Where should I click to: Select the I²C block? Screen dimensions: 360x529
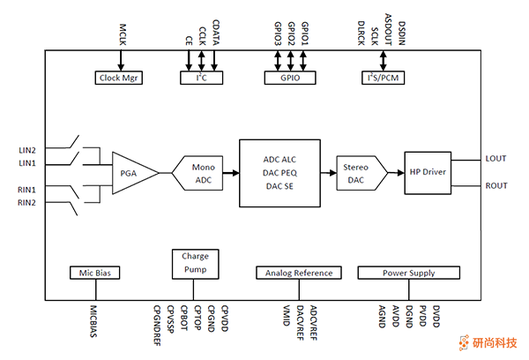tap(201, 78)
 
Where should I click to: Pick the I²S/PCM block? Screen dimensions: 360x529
tap(383, 78)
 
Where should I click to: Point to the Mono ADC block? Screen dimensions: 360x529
tap(202, 172)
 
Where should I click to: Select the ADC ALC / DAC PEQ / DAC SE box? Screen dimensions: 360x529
tap(279, 172)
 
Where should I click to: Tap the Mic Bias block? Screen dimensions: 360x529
tap(93, 273)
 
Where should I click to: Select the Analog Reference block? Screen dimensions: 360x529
tap(297, 273)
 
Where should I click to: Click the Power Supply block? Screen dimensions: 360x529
tap(408, 273)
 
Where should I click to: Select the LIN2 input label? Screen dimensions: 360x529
tap(27, 151)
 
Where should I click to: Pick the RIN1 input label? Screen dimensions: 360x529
tap(27, 190)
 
